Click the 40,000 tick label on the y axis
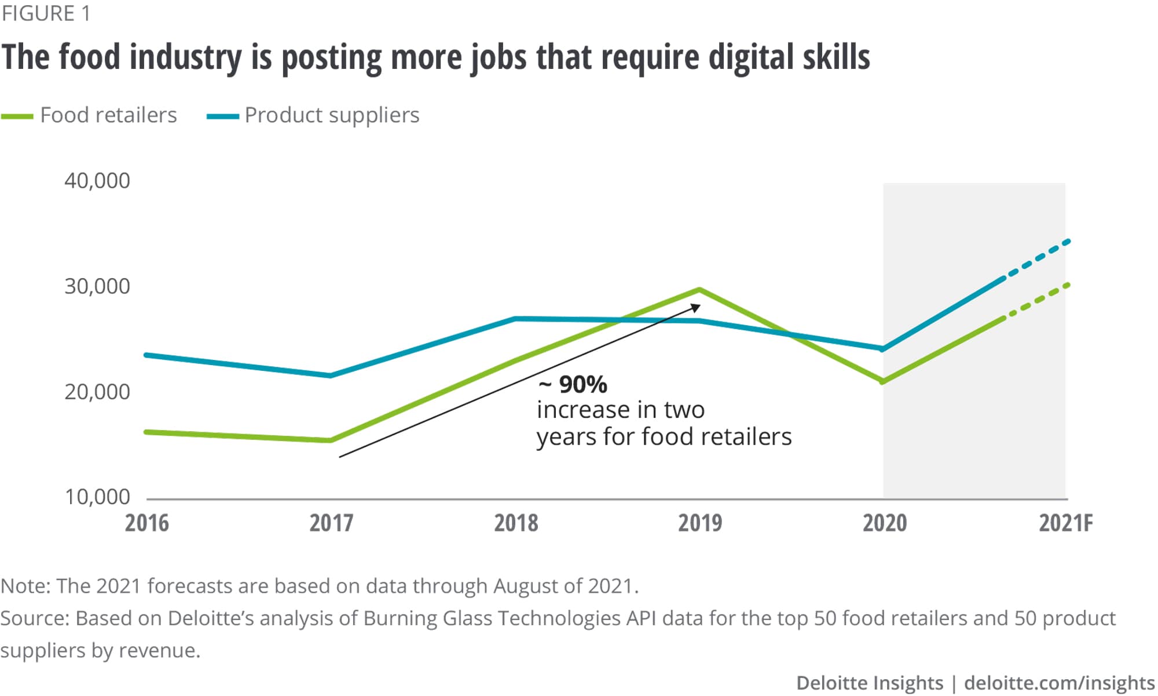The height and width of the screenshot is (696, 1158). click(97, 181)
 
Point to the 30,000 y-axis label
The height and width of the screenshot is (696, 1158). click(97, 286)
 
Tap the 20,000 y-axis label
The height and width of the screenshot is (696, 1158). click(97, 392)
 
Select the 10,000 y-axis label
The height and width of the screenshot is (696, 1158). click(97, 497)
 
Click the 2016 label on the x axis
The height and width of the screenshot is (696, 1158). click(147, 523)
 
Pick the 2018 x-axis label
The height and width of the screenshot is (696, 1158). click(516, 523)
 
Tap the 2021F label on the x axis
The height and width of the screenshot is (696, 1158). click(1065, 523)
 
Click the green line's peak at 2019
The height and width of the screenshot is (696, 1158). click(700, 289)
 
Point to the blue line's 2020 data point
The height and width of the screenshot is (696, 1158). click(882, 349)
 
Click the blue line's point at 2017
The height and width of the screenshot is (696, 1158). click(330, 376)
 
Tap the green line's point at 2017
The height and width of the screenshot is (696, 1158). click(330, 440)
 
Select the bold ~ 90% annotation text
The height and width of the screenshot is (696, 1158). click(573, 384)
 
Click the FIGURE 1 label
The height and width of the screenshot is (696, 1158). click(46, 13)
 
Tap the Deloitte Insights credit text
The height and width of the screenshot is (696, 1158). click(870, 683)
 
